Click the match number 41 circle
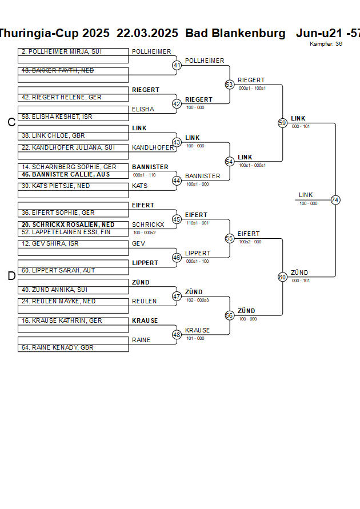pyautogui.click(x=177, y=65)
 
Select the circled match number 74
pyautogui.click(x=335, y=200)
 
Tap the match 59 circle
pyautogui.click(x=282, y=123)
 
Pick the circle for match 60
pyautogui.click(x=282, y=277)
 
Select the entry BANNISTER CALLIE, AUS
pyautogui.click(x=66, y=174)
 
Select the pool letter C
pyautogui.click(x=11, y=122)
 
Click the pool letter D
pyautogui.click(x=11, y=276)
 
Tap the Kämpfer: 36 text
pyautogui.click(x=326, y=43)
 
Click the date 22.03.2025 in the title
pyautogui.click(x=147, y=33)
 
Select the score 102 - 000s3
pyautogui.click(x=197, y=300)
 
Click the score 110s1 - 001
pyautogui.click(x=197, y=223)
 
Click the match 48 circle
pyautogui.click(x=177, y=335)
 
